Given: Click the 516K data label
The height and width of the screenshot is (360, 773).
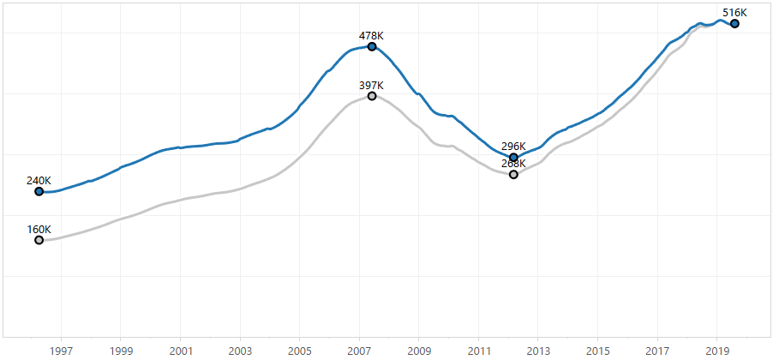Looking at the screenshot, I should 734,13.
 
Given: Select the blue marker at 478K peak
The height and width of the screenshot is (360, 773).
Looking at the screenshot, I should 372,46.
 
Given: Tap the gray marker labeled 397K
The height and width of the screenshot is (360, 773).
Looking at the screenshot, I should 372,96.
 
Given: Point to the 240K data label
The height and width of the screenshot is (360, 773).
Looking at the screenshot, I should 39,181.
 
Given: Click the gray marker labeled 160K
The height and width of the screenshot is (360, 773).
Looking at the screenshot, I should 39,240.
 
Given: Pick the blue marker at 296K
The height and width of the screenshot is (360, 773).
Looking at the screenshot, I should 513,158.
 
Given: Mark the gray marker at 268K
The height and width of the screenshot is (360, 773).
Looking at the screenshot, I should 513,175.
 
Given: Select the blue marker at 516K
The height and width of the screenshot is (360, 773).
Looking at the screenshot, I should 734,24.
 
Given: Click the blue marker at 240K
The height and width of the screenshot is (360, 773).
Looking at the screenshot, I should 39,191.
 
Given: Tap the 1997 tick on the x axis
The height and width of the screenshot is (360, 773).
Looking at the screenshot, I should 61,351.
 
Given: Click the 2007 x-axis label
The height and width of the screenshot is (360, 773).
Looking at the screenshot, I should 359,351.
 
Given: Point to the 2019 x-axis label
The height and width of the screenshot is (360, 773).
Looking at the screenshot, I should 717,351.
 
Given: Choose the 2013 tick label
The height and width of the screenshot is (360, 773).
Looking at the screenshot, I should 538,351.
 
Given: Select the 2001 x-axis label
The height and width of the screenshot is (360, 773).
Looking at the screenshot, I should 180,351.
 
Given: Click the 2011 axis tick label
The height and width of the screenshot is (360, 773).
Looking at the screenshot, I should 478,351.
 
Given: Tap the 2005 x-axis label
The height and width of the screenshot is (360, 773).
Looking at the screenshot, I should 300,351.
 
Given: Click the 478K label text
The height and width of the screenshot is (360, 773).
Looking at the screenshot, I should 371,36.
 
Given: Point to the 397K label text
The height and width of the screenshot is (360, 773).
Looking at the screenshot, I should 371,86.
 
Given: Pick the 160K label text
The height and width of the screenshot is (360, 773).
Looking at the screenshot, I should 39,230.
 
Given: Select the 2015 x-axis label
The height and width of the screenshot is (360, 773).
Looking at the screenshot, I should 598,351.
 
